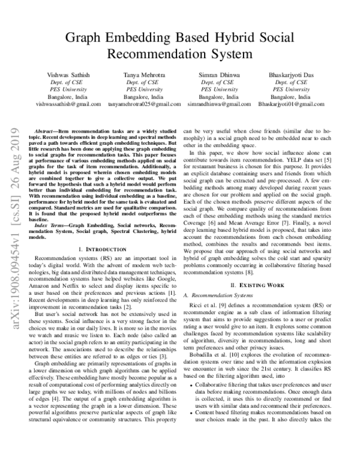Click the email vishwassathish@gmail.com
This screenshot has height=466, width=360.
pyautogui.click(x=67, y=104)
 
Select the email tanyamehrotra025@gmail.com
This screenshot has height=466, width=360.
pyautogui.click(x=143, y=104)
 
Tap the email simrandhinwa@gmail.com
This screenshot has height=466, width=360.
pyautogui.click(x=218, y=104)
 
